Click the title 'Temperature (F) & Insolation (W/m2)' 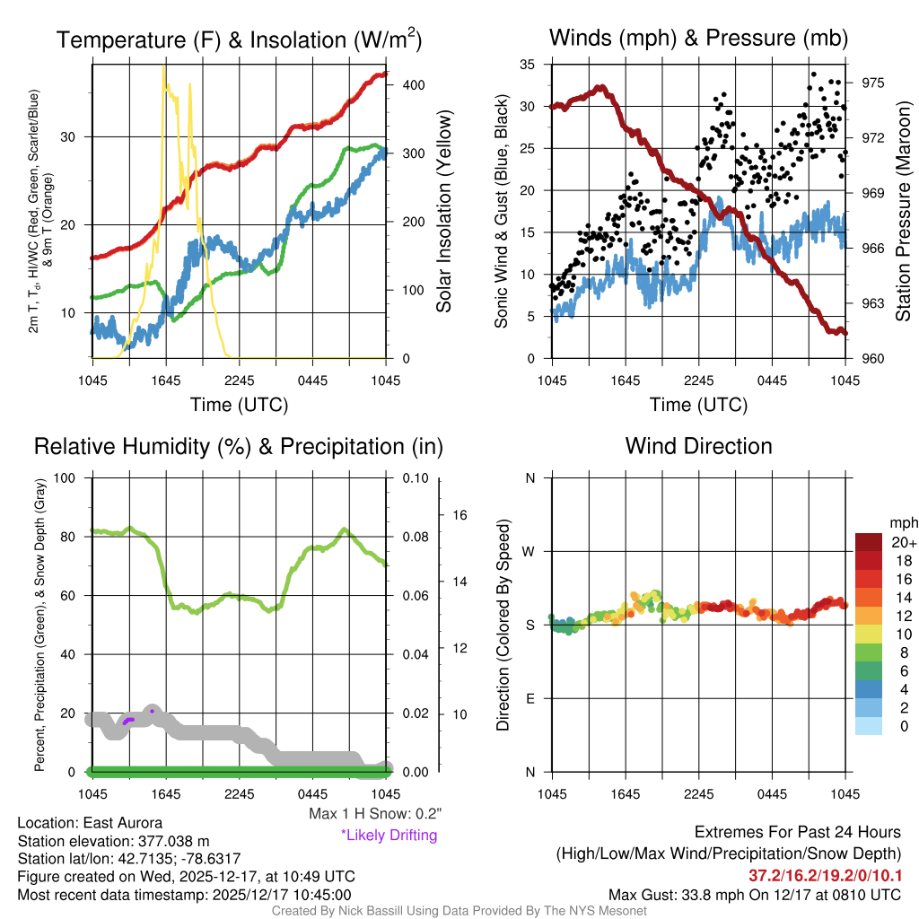(239, 39)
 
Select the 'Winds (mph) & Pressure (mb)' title (698, 38)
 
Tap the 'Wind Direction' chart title (698, 446)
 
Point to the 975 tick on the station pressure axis (873, 83)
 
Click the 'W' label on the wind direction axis (530, 551)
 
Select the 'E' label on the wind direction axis (530, 698)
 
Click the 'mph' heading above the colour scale (902, 522)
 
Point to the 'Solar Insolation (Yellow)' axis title (444, 212)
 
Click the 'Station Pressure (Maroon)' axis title (904, 211)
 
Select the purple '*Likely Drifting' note (389, 835)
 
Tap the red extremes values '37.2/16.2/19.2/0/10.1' (824, 875)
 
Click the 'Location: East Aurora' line (91, 823)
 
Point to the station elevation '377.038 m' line (113, 841)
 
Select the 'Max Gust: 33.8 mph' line (754, 894)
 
